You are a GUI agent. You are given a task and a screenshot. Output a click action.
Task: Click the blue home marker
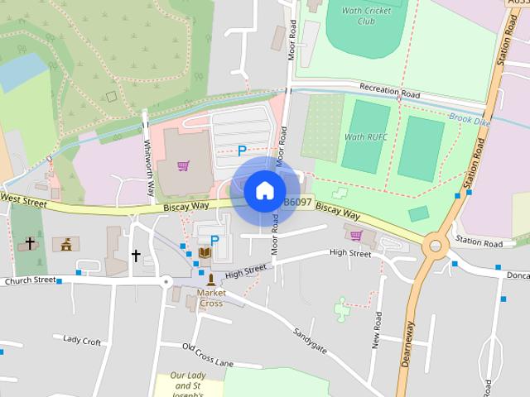[x=264, y=191]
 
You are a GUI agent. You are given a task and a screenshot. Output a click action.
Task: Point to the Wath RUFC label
[x=364, y=136]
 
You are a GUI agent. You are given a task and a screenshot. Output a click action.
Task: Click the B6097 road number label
[x=298, y=202]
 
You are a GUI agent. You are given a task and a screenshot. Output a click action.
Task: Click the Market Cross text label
[x=211, y=298]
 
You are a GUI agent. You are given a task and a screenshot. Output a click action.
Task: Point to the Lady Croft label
[x=82, y=340]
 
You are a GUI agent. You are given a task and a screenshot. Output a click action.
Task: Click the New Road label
[x=377, y=331]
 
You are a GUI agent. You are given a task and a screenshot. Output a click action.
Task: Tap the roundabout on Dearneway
[x=434, y=246]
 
